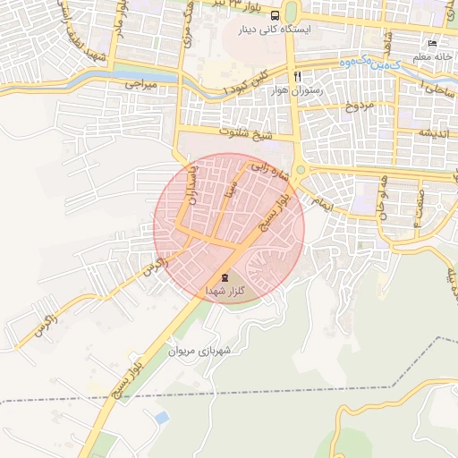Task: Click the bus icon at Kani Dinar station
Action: click(x=275, y=15)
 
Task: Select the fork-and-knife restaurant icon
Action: click(x=296, y=75)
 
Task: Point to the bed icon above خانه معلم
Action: click(x=433, y=44)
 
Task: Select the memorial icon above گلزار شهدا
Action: click(x=224, y=276)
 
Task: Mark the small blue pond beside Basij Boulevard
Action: click(x=161, y=417)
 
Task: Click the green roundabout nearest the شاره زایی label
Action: click(x=301, y=169)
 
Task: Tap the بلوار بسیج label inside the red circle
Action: click(x=274, y=211)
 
